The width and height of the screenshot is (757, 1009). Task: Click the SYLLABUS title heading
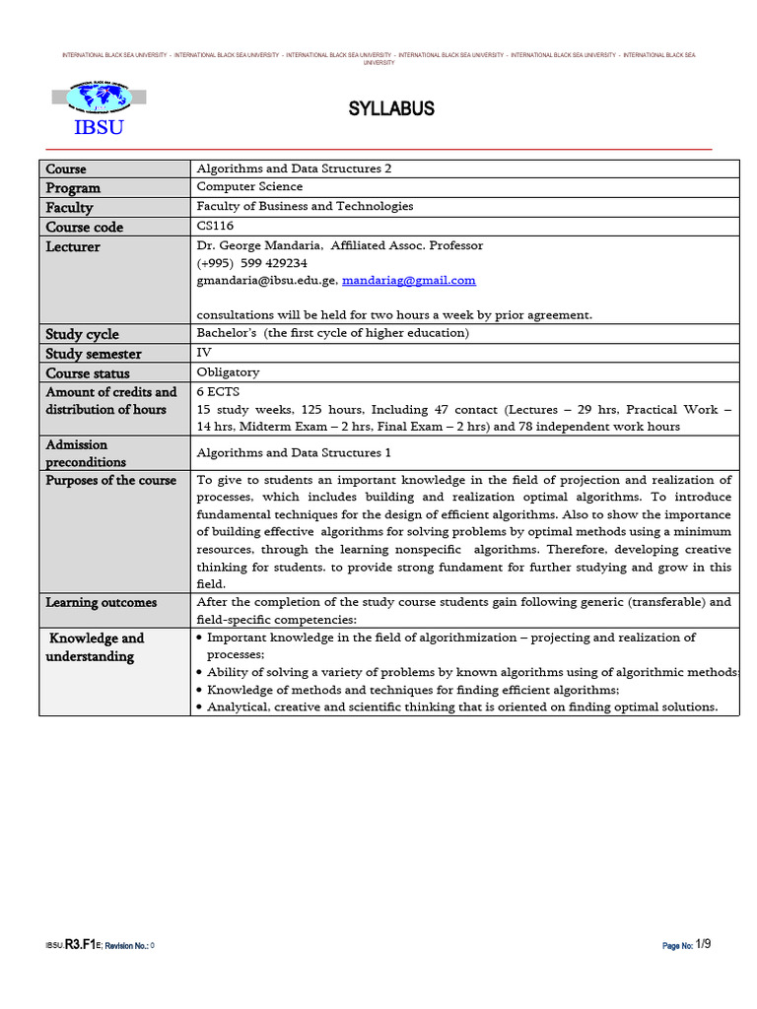(391, 108)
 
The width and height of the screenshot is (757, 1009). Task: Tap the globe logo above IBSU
(99, 97)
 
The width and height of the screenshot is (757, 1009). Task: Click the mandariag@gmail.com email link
(408, 281)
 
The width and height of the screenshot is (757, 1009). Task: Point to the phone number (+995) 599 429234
(252, 263)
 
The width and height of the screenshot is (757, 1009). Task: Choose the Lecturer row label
(73, 246)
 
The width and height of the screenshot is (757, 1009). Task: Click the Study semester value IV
(204, 353)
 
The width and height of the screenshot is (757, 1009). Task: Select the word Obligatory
(229, 372)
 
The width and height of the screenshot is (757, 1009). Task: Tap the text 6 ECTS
(218, 391)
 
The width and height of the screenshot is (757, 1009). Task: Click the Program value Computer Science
(249, 187)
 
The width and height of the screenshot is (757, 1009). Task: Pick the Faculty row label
(69, 207)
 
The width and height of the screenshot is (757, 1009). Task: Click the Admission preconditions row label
(87, 453)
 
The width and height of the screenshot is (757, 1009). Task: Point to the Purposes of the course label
(111, 481)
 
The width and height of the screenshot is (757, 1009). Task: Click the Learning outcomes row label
(102, 602)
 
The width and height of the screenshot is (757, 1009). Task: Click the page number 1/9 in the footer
(703, 944)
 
